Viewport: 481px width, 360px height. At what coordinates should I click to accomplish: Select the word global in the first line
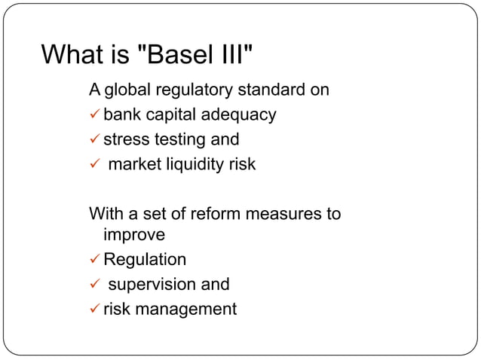click(129, 91)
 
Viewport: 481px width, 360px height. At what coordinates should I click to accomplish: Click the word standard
click(273, 91)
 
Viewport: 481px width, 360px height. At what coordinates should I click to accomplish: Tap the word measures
click(286, 213)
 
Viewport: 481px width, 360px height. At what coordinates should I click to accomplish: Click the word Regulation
click(144, 260)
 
